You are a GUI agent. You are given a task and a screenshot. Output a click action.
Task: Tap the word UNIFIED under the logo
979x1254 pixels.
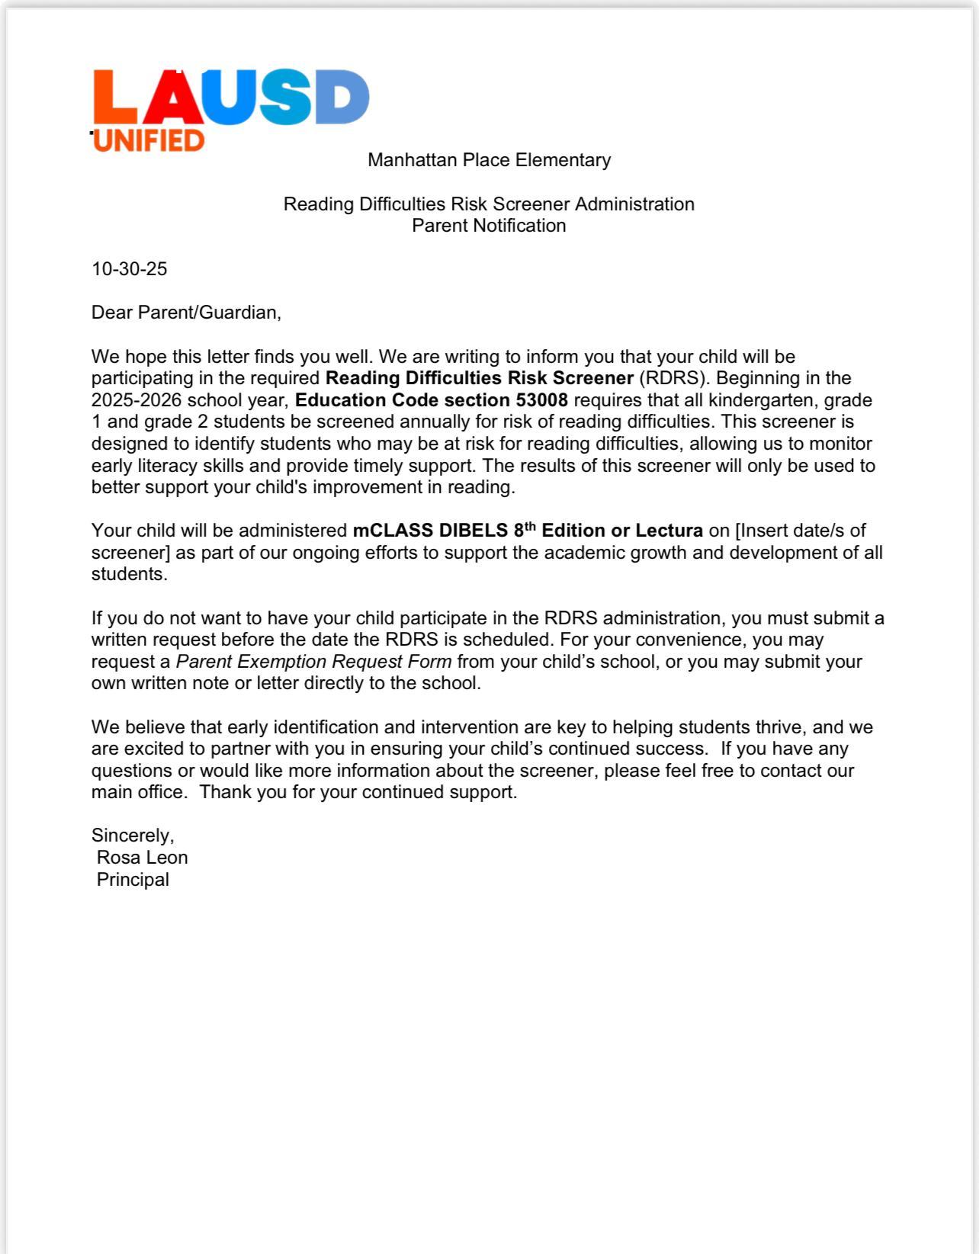[149, 140]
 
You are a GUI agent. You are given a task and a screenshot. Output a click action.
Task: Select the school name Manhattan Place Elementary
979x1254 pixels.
[489, 160]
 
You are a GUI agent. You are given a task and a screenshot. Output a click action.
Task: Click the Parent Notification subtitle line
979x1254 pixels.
[489, 226]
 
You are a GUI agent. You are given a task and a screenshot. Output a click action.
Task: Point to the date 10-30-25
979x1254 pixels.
[129, 269]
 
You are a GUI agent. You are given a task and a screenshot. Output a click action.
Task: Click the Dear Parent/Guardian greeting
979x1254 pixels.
[186, 313]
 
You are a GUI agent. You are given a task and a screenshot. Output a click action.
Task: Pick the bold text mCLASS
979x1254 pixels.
[393, 531]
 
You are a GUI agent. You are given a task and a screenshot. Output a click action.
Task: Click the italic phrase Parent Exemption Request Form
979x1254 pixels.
[313, 662]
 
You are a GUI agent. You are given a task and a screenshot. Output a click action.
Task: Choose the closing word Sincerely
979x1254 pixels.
[133, 836]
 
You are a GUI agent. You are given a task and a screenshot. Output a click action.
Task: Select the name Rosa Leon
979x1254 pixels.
[142, 858]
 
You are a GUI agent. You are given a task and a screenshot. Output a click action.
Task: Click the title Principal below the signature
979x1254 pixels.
[133, 880]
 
